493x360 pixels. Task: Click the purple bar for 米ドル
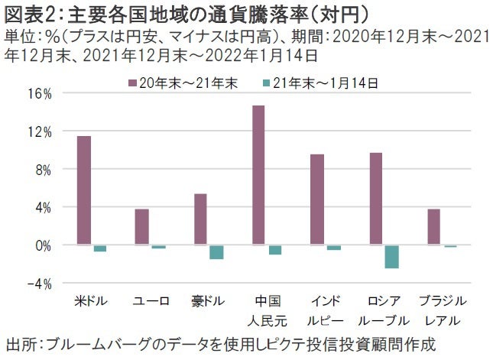click(x=84, y=190)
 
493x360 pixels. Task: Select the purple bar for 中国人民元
click(x=258, y=175)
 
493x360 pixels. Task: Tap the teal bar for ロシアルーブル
click(x=392, y=257)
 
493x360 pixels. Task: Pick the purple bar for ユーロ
click(x=142, y=227)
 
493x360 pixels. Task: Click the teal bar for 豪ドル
click(x=217, y=252)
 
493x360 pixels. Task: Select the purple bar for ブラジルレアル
click(x=434, y=227)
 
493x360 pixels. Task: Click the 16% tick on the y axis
click(x=38, y=94)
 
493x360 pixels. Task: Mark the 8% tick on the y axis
click(x=41, y=170)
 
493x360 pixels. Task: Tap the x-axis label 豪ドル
click(x=209, y=300)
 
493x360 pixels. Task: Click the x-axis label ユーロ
click(x=151, y=300)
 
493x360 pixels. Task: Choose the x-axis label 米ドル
click(x=92, y=300)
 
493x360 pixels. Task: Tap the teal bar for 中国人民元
click(x=275, y=249)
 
